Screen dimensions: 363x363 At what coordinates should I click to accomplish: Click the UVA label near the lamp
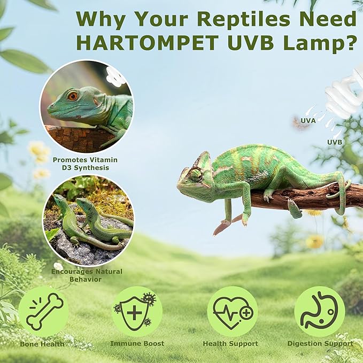point(308,121)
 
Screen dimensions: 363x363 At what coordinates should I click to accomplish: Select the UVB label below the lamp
point(335,142)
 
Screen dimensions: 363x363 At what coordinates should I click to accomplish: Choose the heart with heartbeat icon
point(232,312)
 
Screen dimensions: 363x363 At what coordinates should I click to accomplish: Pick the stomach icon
point(319,312)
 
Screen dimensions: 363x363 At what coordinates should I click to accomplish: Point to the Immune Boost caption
point(137,344)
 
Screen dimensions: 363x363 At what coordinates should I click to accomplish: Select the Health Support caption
point(230,344)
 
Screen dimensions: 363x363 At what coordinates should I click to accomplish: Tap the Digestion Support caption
point(320,344)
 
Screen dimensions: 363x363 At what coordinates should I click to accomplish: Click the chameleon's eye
point(196,174)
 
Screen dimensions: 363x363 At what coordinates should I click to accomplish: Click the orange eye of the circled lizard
point(72,96)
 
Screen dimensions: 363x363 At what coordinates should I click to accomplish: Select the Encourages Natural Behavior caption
point(87,275)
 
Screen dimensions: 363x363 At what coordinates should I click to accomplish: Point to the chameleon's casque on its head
point(204,159)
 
